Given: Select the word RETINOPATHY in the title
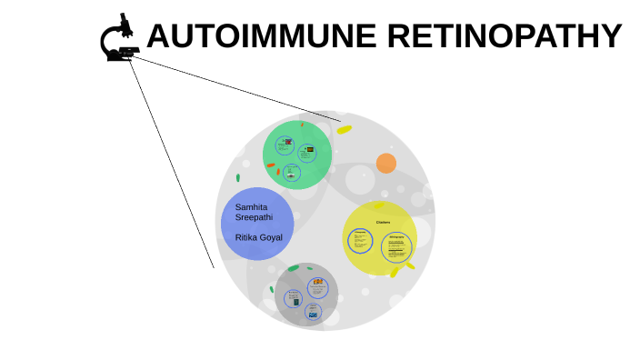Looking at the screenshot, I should pyautogui.click(x=504, y=36).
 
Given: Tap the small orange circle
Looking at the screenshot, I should pyautogui.click(x=386, y=164).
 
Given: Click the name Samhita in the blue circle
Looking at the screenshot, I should pyautogui.click(x=251, y=206).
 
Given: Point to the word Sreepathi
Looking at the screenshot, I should pyautogui.click(x=254, y=217).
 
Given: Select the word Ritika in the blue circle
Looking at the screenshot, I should pyautogui.click(x=245, y=237).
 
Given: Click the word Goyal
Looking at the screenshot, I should pyautogui.click(x=271, y=237).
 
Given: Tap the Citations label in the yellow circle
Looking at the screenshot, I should pyautogui.click(x=383, y=222).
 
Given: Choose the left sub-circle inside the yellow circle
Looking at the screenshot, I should pyautogui.click(x=361, y=241).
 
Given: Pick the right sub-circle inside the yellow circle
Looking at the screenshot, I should pyautogui.click(x=396, y=246).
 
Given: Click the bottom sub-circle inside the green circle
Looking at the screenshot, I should pyautogui.click(x=292, y=172).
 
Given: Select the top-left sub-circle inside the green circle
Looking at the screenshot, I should pyautogui.click(x=285, y=145).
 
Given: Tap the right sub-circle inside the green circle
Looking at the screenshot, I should pyautogui.click(x=307, y=153).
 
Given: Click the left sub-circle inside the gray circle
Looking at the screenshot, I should pyautogui.click(x=293, y=298).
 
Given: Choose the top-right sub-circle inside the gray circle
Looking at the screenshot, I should pyautogui.click(x=317, y=288).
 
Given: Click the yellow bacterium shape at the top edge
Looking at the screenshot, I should pyautogui.click(x=344, y=130).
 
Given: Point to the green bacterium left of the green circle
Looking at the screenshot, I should pyautogui.click(x=238, y=178).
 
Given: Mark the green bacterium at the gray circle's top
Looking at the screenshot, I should pyautogui.click(x=293, y=268).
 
